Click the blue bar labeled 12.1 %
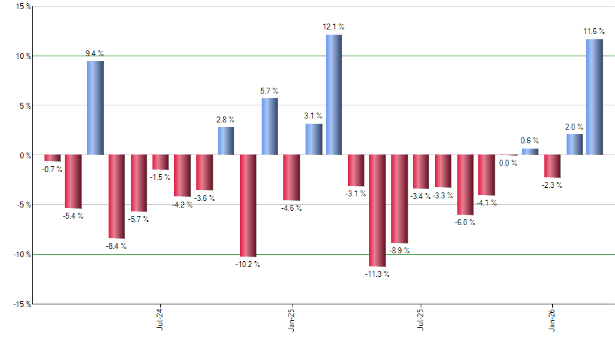click(334, 95)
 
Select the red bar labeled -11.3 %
click(378, 211)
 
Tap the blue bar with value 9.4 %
click(96, 108)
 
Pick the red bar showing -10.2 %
click(248, 206)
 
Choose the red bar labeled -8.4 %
click(116, 196)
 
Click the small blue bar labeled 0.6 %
click(530, 152)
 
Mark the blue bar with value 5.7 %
click(270, 126)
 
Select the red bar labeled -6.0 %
click(465, 185)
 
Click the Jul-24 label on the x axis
click(160, 319)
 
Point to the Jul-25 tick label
click(420, 319)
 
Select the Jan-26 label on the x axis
click(551, 319)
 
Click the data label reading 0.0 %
click(508, 163)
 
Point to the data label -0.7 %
click(52, 170)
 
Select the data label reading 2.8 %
click(226, 119)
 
